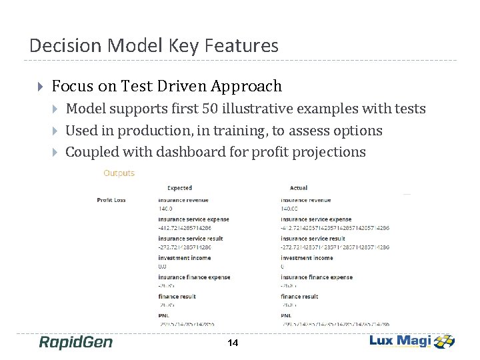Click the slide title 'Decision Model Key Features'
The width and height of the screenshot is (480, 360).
pos(154,45)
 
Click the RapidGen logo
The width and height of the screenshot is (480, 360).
pos(75,342)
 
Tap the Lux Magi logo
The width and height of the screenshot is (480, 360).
pos(411,341)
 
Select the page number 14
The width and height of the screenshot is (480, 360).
pos(233,343)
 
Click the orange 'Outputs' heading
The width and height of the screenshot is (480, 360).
pos(119,173)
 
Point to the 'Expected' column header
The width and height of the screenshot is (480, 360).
pos(179,188)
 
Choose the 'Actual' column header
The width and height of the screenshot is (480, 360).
pos(299,188)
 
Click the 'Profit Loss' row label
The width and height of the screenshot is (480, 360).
pos(111,199)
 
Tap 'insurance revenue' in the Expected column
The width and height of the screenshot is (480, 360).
pos(183,199)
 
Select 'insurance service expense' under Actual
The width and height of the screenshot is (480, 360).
pos(316,219)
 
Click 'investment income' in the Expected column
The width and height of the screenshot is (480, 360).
pos(185,257)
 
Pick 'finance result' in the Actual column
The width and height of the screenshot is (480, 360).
pos(299,296)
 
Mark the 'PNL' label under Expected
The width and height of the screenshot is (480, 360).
pos(164,315)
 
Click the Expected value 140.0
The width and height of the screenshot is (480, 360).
pos(165,209)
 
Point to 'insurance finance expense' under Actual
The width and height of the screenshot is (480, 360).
pos(317,277)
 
